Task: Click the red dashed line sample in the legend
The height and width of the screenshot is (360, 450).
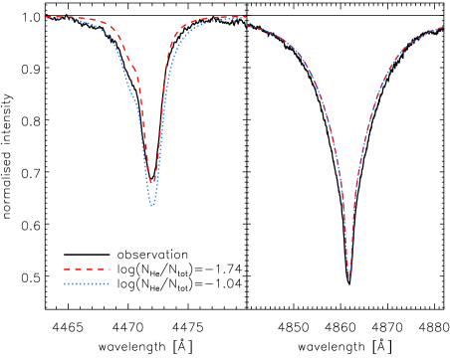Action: click(87, 269)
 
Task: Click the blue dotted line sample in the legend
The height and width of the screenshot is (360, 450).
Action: click(87, 284)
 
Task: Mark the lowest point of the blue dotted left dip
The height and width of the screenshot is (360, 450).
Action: click(152, 205)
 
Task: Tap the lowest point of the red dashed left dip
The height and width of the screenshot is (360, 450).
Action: click(152, 183)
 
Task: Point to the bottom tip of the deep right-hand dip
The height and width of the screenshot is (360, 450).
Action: click(348, 279)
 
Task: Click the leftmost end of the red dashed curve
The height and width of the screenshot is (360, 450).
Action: click(45, 17)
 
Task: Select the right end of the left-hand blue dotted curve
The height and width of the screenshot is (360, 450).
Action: click(246, 17)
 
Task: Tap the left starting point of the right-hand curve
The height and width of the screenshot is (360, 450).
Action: click(247, 25)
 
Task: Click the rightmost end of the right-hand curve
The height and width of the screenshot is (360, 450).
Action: click(444, 27)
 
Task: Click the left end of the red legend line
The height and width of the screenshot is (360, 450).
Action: click(64, 269)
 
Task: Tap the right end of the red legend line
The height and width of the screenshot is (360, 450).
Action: click(110, 269)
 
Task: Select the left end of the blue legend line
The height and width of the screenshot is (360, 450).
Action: click(64, 284)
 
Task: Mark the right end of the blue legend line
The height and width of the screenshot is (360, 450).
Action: click(110, 284)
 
